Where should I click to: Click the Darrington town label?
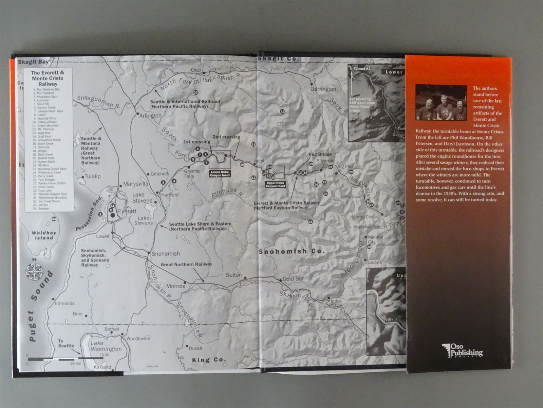pos(323,89)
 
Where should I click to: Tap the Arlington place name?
pos(150,116)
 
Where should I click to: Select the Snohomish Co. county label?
pos(292,252)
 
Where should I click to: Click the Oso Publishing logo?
pos(462,350)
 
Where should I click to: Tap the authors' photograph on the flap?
pos(441,102)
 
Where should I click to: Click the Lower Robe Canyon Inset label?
pos(220,174)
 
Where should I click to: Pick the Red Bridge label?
pos(320,154)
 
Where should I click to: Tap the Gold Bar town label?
pos(293,279)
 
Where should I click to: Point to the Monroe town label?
pos(175,286)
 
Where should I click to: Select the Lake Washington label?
pos(106,346)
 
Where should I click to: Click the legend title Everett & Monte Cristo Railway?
pos(48,78)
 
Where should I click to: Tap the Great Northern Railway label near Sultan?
pos(186,264)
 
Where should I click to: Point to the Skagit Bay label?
pos(33,62)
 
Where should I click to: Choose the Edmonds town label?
pos(64,303)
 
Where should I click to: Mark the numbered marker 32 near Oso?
pos(195,92)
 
